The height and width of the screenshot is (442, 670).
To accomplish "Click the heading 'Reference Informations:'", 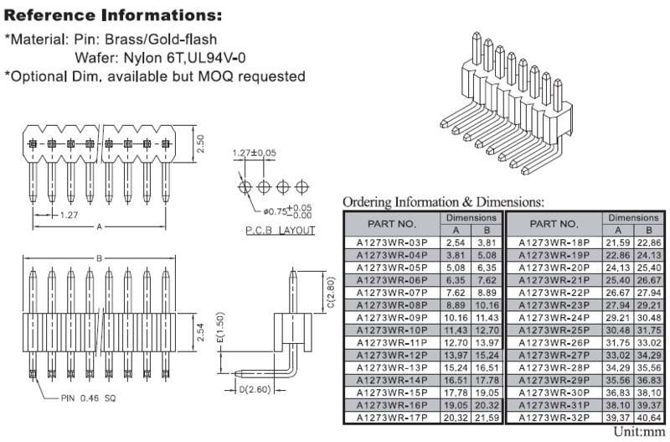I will tap(114, 15).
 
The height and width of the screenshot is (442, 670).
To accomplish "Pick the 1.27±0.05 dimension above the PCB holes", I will tap(255, 153).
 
